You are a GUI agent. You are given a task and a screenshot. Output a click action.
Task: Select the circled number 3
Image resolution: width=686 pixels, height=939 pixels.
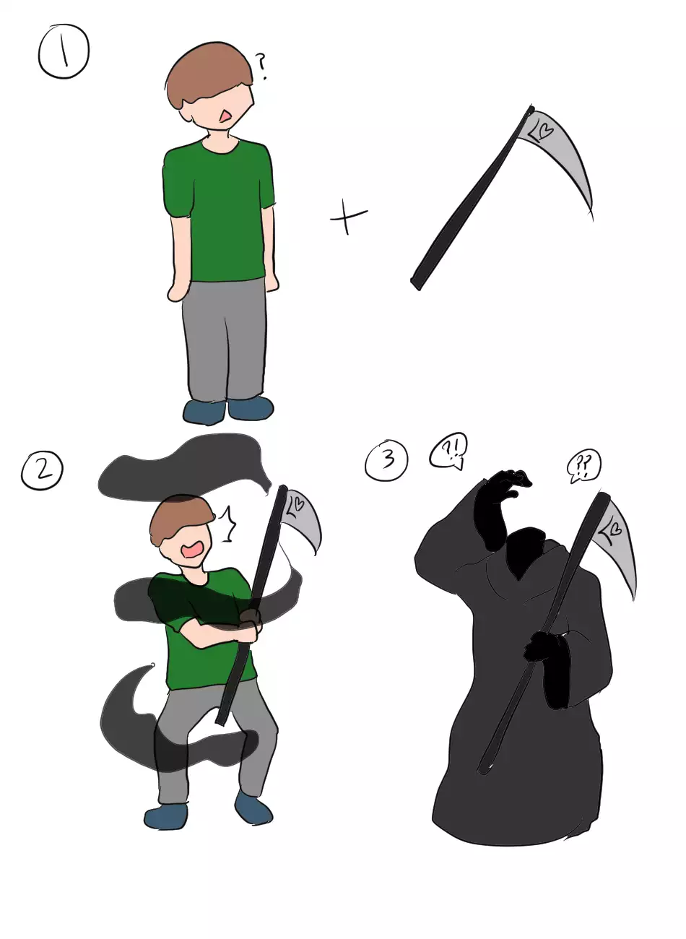[386, 459]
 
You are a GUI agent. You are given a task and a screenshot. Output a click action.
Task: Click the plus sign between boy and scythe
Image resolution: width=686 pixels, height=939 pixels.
[349, 217]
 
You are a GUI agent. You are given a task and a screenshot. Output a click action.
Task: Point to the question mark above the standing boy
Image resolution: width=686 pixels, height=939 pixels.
[261, 66]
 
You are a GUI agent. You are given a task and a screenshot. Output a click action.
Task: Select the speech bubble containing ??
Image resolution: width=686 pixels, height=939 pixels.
[583, 465]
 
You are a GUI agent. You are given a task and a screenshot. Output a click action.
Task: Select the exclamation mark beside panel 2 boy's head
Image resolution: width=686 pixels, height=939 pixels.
[227, 524]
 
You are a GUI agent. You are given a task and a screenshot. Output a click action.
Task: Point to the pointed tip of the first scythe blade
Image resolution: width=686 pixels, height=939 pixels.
[593, 218]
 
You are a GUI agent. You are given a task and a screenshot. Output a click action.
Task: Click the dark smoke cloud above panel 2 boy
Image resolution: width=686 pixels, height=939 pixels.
[184, 465]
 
